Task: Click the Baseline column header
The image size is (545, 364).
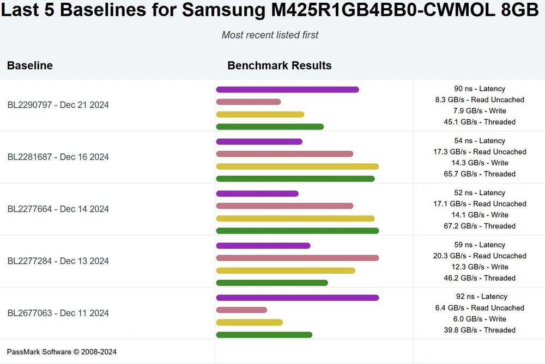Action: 30,66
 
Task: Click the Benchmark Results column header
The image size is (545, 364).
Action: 279,66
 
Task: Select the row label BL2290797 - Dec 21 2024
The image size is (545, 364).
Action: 58,105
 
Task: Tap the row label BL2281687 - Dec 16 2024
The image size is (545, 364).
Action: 58,157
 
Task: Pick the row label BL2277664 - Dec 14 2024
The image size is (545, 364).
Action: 58,209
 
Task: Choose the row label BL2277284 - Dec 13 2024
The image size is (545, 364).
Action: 58,261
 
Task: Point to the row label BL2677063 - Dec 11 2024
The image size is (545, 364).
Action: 58,313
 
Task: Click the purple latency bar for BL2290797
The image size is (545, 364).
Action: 287,89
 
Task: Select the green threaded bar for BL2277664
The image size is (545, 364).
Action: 297,231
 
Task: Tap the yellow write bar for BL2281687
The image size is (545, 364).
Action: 297,166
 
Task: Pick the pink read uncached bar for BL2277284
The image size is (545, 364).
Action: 297,258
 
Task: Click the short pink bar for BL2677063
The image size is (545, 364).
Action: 241,310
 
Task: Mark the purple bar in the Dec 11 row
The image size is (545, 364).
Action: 297,298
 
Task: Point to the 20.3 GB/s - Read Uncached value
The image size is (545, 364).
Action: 480,256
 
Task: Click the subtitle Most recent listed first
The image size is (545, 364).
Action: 270,35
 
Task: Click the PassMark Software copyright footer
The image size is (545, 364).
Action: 62,352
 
